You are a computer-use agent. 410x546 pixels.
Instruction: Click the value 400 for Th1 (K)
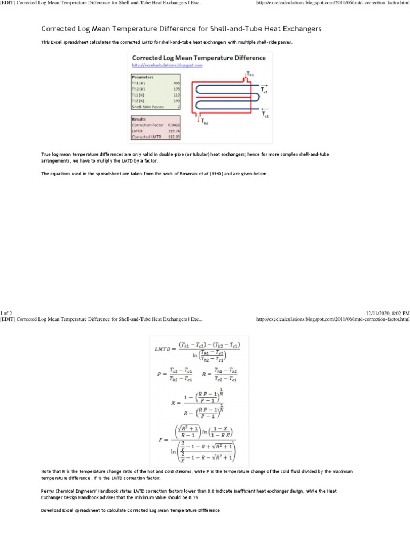[x=176, y=83]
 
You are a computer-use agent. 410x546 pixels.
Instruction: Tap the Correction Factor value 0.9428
[x=174, y=125]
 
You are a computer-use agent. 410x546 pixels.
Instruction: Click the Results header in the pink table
[x=139, y=119]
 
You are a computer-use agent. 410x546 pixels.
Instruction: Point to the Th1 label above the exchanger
[x=250, y=75]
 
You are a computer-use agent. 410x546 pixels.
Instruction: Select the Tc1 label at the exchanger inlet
[x=265, y=114]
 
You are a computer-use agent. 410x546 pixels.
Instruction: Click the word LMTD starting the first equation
[x=164, y=348]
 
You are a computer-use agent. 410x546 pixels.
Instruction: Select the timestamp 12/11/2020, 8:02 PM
[x=388, y=313]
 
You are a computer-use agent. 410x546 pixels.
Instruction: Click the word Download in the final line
[x=51, y=510]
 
